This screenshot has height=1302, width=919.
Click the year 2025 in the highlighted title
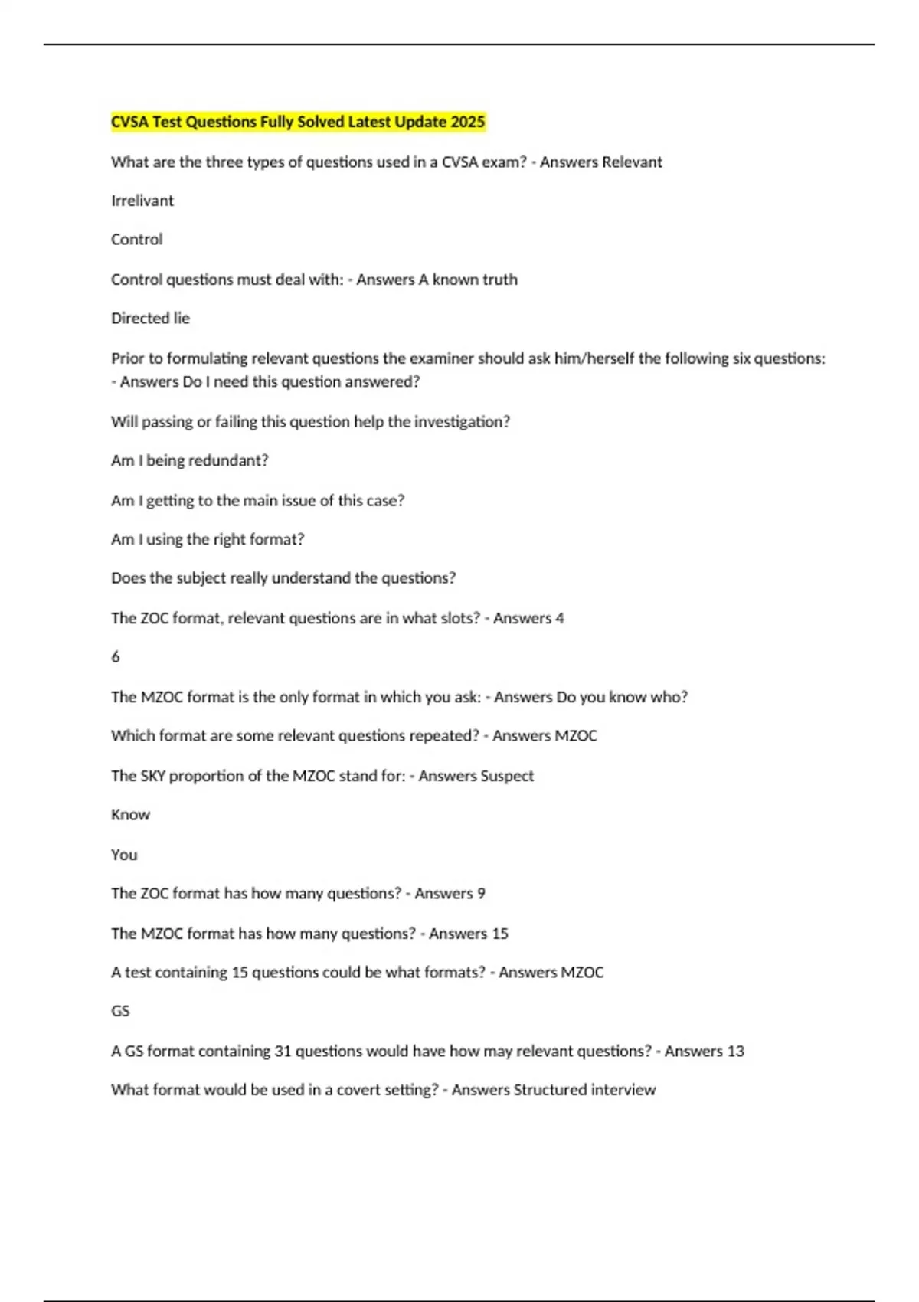pyautogui.click(x=468, y=122)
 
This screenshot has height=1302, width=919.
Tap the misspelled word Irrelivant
pyautogui.click(x=142, y=201)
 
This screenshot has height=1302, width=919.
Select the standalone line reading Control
pyautogui.click(x=137, y=240)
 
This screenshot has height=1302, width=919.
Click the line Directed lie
pyautogui.click(x=150, y=319)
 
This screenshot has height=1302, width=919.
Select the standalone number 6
pyautogui.click(x=116, y=657)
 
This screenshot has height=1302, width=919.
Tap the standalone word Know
pyautogui.click(x=130, y=815)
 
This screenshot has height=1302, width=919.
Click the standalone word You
pyautogui.click(x=124, y=855)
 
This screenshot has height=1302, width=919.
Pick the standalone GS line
pyautogui.click(x=120, y=1012)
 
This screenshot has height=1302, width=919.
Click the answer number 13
pyautogui.click(x=735, y=1052)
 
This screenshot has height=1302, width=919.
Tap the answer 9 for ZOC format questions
pyautogui.click(x=481, y=894)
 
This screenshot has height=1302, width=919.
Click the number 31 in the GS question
pyautogui.click(x=283, y=1052)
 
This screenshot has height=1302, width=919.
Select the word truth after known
pyautogui.click(x=499, y=280)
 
